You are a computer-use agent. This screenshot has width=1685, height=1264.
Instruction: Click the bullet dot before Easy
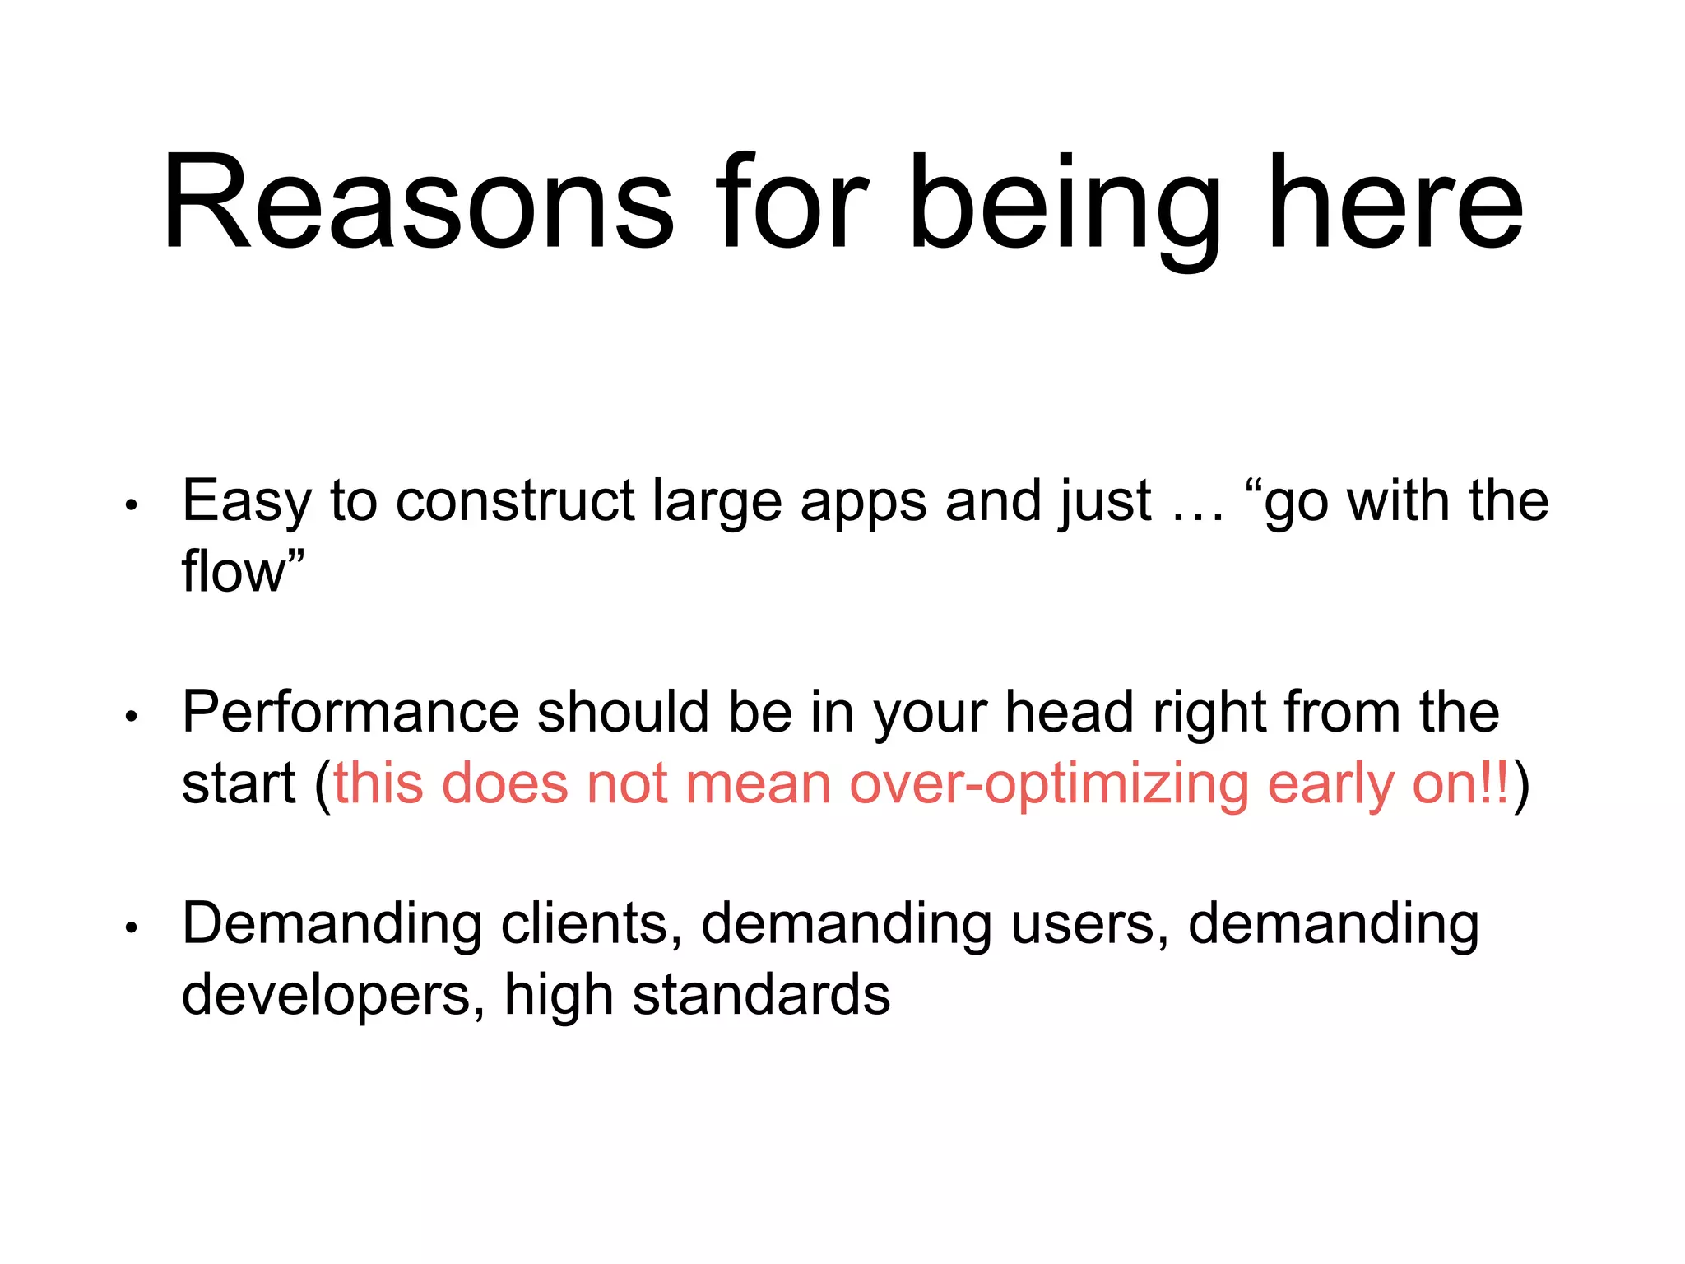[x=131, y=504]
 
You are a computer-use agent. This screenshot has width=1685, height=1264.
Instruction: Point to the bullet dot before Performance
[x=131, y=716]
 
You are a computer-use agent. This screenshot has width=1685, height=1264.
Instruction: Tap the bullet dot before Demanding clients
[x=131, y=927]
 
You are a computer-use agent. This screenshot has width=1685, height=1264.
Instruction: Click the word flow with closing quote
[x=242, y=571]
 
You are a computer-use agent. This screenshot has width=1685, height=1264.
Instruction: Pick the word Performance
[x=350, y=712]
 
